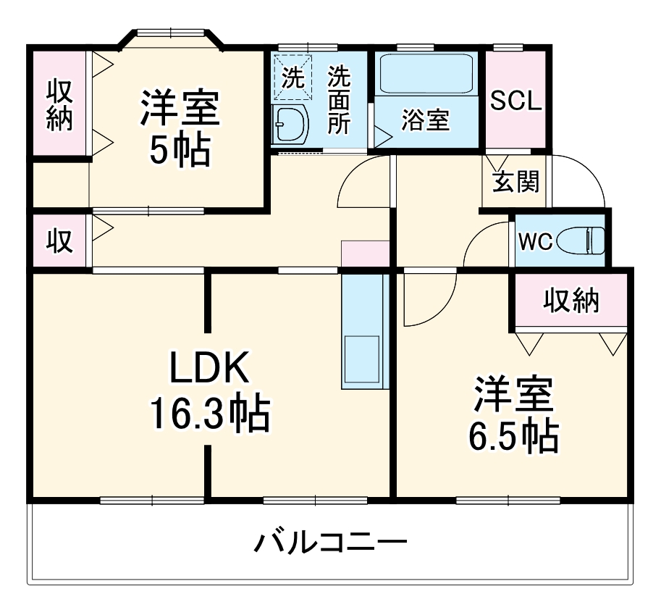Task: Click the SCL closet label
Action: [x=515, y=101]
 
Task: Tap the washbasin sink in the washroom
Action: [x=290, y=124]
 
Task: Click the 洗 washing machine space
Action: [x=292, y=78]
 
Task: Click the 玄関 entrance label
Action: [x=515, y=182]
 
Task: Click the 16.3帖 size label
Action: [x=209, y=414]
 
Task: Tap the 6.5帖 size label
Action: [x=513, y=435]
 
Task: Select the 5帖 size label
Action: [x=179, y=151]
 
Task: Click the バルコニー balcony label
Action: [x=329, y=542]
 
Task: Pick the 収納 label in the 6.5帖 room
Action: [x=572, y=300]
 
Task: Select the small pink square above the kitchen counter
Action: [x=366, y=254]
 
